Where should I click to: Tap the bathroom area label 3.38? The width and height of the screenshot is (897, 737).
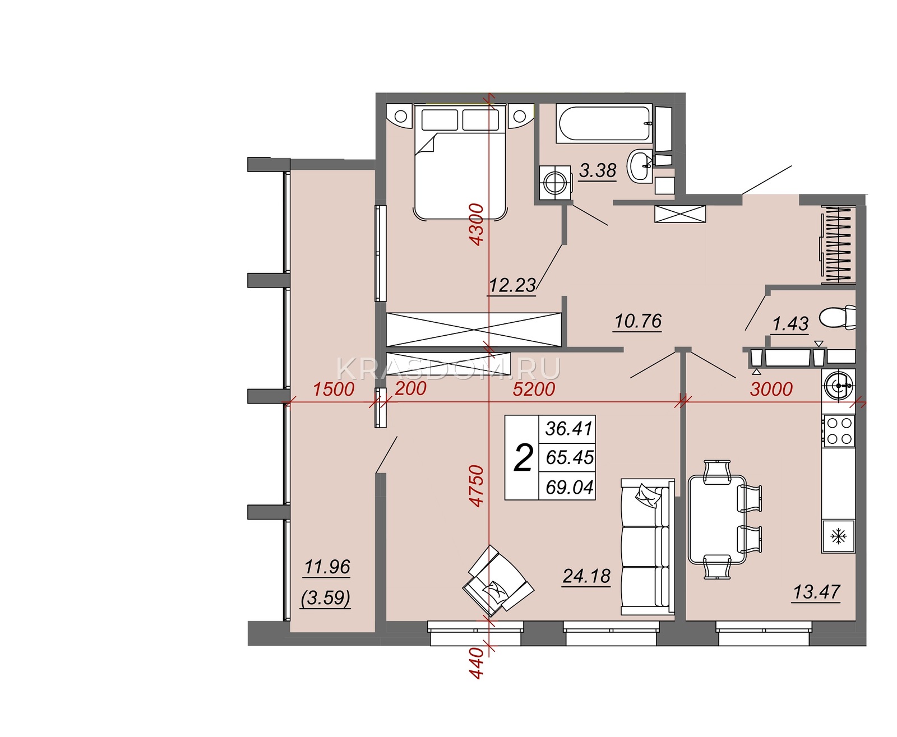click(598, 170)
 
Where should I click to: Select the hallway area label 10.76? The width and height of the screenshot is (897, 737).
click(638, 321)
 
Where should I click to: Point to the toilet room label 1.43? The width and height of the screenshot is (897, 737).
click(790, 324)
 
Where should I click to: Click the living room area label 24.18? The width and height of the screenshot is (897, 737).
click(586, 576)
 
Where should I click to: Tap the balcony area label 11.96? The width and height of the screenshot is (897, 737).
click(327, 567)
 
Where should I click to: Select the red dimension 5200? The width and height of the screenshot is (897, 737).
click(534, 389)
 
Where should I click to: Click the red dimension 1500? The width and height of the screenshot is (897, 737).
click(334, 389)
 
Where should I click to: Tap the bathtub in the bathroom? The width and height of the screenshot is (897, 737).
click(604, 123)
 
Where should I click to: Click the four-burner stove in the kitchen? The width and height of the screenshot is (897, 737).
click(838, 431)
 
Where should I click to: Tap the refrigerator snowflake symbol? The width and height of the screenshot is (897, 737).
click(838, 536)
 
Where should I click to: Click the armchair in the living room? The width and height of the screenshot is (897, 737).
click(498, 581)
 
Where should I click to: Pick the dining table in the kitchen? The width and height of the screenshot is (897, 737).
click(717, 519)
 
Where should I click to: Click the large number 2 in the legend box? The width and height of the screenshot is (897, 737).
click(523, 457)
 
